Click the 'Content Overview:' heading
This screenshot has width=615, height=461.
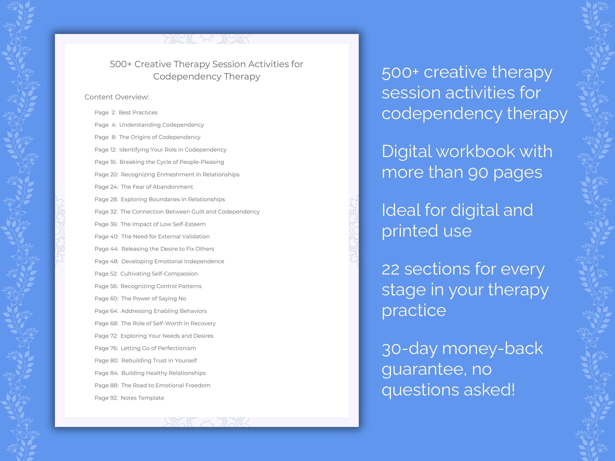click(117, 97)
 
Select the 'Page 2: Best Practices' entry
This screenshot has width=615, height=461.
click(126, 112)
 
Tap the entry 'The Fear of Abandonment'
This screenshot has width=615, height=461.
click(157, 187)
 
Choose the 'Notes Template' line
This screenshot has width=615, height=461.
click(142, 398)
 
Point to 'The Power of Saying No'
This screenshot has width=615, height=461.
click(154, 298)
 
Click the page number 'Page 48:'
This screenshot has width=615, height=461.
click(107, 261)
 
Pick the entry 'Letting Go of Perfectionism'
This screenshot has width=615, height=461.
click(158, 348)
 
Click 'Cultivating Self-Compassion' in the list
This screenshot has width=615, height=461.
click(159, 274)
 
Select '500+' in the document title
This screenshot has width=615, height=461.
click(121, 64)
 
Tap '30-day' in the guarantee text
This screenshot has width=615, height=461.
click(409, 349)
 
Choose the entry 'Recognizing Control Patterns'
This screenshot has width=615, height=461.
click(161, 286)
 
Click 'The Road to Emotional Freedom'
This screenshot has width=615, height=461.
click(166, 385)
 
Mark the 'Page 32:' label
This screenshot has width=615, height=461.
click(106, 212)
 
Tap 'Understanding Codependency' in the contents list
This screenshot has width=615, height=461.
click(161, 125)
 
